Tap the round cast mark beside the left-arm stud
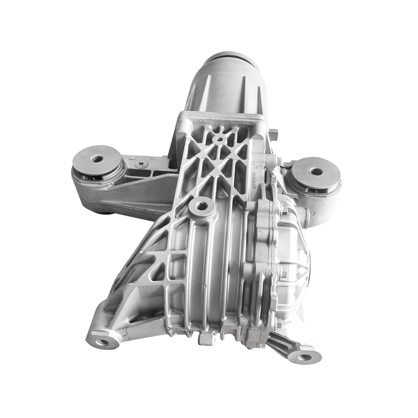[131, 159]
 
